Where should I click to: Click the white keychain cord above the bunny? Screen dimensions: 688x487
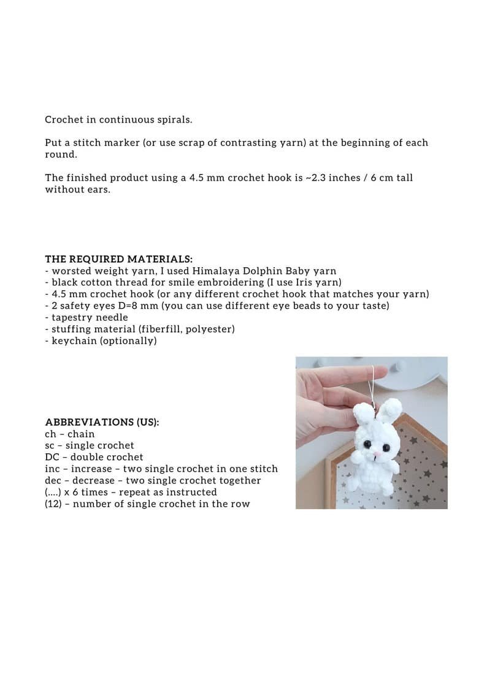[372, 386]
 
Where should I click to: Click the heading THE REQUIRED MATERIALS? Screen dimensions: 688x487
[118, 259]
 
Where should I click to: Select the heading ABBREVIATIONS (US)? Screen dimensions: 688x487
[102, 422]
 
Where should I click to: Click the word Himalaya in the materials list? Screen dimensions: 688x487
[215, 271]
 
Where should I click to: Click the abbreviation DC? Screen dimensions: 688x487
[52, 457]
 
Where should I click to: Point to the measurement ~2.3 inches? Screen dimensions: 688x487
[328, 178]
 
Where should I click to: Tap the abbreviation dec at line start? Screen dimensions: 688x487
[53, 480]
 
